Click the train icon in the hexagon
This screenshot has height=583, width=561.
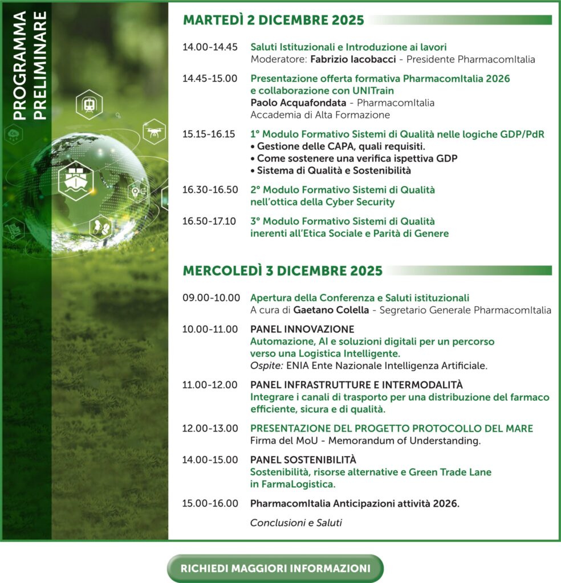(89, 105)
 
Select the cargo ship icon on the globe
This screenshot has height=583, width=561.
(75, 180)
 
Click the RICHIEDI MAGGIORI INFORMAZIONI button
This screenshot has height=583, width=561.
(275, 568)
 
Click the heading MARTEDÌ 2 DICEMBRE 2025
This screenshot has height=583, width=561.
(273, 20)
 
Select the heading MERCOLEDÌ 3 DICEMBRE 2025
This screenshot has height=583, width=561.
(282, 270)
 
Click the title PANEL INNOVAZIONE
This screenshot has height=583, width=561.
(302, 329)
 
